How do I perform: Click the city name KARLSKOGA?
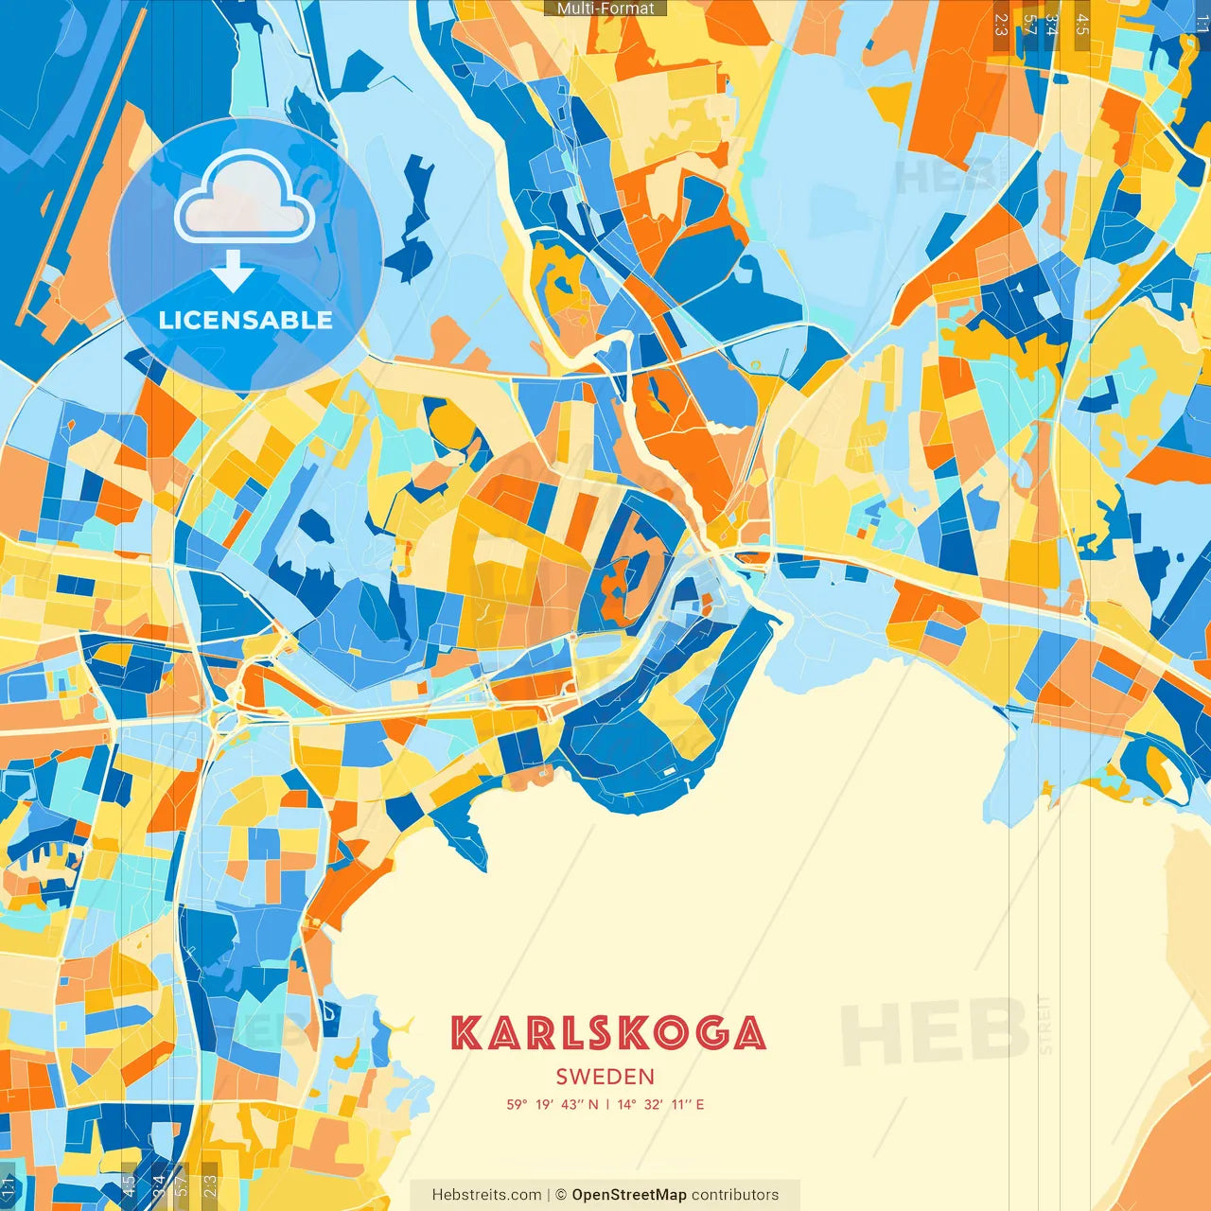(607, 1033)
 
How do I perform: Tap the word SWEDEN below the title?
(605, 1077)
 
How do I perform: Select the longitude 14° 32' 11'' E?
(661, 1104)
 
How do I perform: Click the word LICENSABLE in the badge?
(246, 320)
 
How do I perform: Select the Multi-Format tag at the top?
(605, 9)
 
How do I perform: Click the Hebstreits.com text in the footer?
(486, 1195)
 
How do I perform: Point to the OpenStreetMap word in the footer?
(628, 1195)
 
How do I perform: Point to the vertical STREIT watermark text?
(1044, 1024)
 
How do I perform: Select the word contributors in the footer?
(735, 1195)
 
